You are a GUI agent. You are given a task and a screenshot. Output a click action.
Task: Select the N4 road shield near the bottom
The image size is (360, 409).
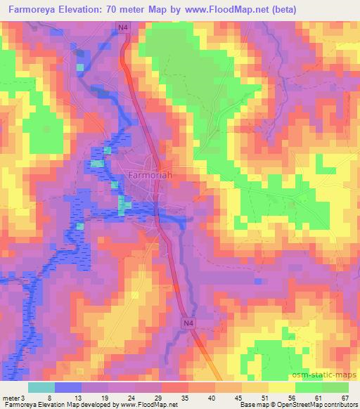tap(187, 323)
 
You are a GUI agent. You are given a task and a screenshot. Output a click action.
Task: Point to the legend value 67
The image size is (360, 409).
tap(345, 398)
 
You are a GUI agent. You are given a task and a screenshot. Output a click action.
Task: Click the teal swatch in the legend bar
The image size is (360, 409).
tap(41, 387)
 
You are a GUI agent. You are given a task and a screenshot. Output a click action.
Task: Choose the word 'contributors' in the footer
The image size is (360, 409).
tap(333, 405)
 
